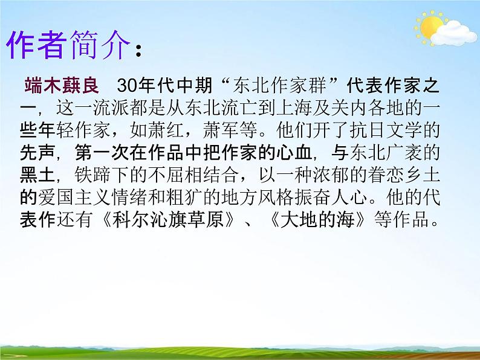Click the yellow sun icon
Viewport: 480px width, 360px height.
(430, 25)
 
